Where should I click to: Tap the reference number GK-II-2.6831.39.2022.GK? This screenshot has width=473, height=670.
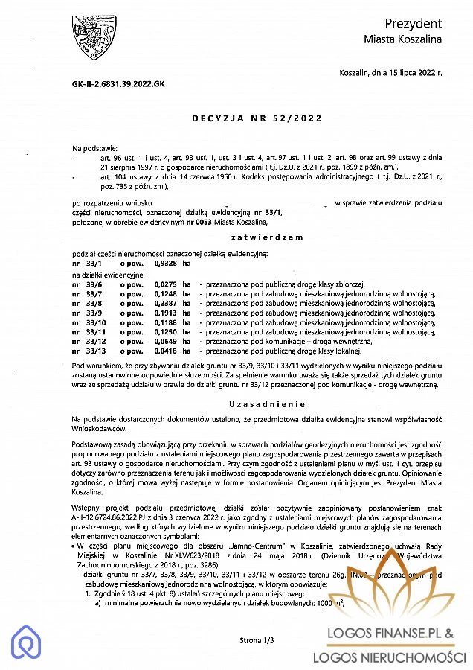pyautogui.click(x=113, y=83)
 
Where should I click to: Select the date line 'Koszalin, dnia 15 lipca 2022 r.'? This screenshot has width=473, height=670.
pyautogui.click(x=390, y=73)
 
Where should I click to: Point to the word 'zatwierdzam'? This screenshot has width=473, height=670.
pyautogui.click(x=257, y=237)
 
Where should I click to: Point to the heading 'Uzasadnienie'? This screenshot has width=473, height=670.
pyautogui.click(x=257, y=403)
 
